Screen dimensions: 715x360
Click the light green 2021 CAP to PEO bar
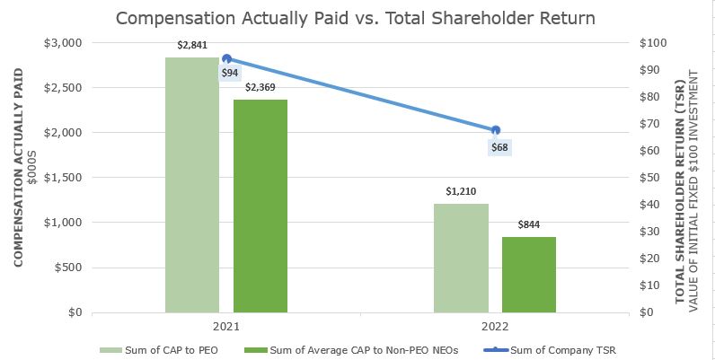click(x=192, y=185)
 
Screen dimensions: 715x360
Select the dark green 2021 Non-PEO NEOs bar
click(x=260, y=206)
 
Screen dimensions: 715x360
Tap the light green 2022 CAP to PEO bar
click(x=461, y=258)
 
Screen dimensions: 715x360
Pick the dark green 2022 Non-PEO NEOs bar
click(x=529, y=275)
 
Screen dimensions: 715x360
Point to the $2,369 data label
click(x=260, y=87)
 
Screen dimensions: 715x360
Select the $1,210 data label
click(x=461, y=191)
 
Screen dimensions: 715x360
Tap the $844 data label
click(x=529, y=224)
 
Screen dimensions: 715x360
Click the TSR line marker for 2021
click(x=226, y=59)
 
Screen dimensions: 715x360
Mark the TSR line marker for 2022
click(x=496, y=130)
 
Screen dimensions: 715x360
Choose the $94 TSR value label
click(x=230, y=73)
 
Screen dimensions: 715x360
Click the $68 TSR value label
click(x=499, y=147)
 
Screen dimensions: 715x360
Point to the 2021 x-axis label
click(x=226, y=327)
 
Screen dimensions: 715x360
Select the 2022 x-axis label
click(x=495, y=327)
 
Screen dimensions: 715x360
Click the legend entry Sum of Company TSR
click(x=550, y=350)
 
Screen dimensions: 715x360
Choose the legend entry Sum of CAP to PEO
click(x=159, y=350)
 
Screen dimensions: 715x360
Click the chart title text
click(x=355, y=18)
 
